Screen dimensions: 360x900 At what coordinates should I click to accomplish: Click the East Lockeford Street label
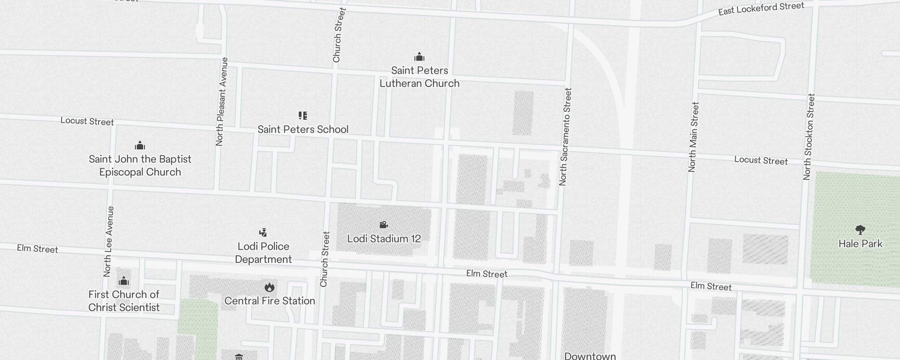tap(761, 9)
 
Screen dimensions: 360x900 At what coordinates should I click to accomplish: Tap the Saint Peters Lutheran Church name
tap(419, 77)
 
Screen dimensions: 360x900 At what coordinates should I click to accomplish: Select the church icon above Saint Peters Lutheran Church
tap(419, 57)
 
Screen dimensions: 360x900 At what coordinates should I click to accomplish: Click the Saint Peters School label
tap(303, 130)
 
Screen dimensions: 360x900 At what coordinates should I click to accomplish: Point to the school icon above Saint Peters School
tap(303, 116)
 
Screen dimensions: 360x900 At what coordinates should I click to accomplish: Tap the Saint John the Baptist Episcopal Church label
tap(140, 166)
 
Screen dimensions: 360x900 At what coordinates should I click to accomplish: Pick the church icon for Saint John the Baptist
tap(140, 145)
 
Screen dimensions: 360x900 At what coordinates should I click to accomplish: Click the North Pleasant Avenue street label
tap(222, 102)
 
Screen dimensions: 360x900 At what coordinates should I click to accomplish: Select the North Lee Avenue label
tap(108, 241)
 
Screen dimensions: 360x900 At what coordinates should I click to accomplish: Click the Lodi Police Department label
tap(263, 253)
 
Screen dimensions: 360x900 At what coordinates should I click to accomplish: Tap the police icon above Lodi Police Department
tap(263, 232)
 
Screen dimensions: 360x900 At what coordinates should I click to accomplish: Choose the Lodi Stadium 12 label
tap(384, 238)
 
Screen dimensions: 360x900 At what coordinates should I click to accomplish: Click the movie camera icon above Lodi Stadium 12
tap(383, 225)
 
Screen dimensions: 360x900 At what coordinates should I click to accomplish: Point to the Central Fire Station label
tap(270, 301)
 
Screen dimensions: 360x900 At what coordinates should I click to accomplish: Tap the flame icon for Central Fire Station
tap(270, 287)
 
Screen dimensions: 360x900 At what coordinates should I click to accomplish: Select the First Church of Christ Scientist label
tap(124, 301)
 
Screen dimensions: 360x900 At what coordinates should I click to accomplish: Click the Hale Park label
tap(860, 244)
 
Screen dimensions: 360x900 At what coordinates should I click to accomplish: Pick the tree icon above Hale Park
tap(860, 230)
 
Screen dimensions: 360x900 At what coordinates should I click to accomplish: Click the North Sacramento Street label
tap(565, 137)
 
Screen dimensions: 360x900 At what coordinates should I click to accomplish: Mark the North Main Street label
tap(693, 137)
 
